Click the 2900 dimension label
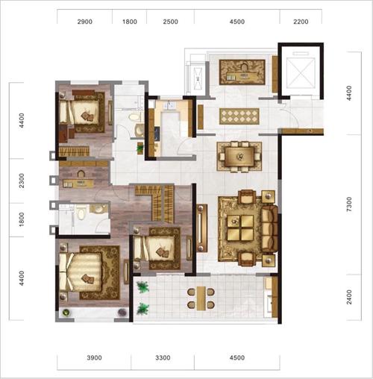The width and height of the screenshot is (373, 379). click(x=85, y=22)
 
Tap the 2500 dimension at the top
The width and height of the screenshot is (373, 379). click(x=170, y=22)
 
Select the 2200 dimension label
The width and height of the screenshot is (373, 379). click(x=301, y=22)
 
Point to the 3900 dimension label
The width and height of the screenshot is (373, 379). click(x=94, y=357)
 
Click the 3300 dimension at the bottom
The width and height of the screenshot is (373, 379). click(x=163, y=357)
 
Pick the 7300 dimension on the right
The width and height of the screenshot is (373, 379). click(x=349, y=204)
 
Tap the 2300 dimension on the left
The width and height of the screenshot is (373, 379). click(x=22, y=181)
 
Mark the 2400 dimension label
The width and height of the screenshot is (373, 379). click(x=349, y=297)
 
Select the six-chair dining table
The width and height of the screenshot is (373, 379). click(x=239, y=157)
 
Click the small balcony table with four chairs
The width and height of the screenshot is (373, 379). click(x=201, y=298)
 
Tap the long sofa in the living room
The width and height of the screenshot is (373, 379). click(x=269, y=228)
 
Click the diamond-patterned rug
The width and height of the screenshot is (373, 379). click(x=239, y=116)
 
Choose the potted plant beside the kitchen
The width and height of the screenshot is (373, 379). click(x=140, y=148)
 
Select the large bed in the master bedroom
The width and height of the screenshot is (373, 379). click(x=81, y=272)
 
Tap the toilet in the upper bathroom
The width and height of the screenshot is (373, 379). click(x=135, y=117)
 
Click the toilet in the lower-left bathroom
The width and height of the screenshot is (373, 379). click(x=81, y=213)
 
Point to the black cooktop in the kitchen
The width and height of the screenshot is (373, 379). click(x=157, y=134)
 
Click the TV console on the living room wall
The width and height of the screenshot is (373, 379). click(x=201, y=228)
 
